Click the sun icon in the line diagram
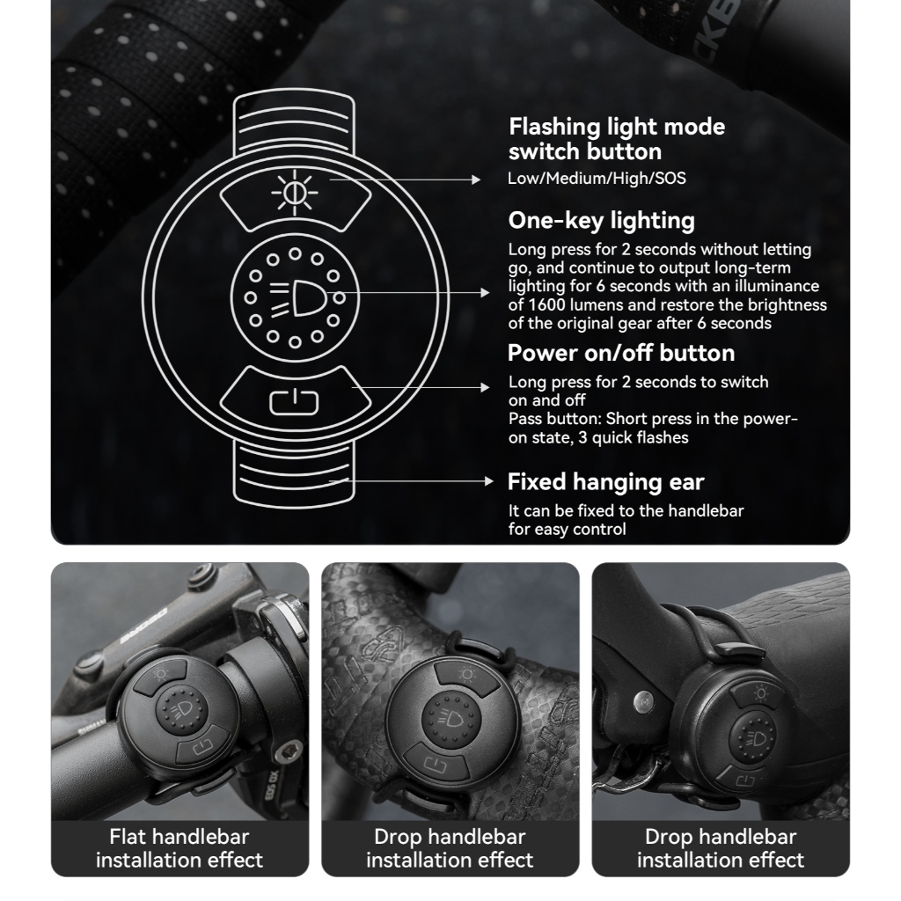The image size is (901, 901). point(294,193)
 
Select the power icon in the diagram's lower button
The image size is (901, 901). point(294,401)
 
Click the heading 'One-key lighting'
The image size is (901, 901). point(602,221)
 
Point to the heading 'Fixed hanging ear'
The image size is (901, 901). point(605,482)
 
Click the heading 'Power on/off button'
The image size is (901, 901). point(621,353)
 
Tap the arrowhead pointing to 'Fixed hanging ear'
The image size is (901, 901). point(489,481)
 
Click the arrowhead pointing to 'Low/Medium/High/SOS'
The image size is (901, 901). point(476,179)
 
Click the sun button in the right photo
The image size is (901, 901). point(758,695)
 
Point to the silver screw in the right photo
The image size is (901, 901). point(643,701)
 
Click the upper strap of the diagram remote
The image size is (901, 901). point(294,121)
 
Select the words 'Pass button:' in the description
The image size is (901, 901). point(555,419)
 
